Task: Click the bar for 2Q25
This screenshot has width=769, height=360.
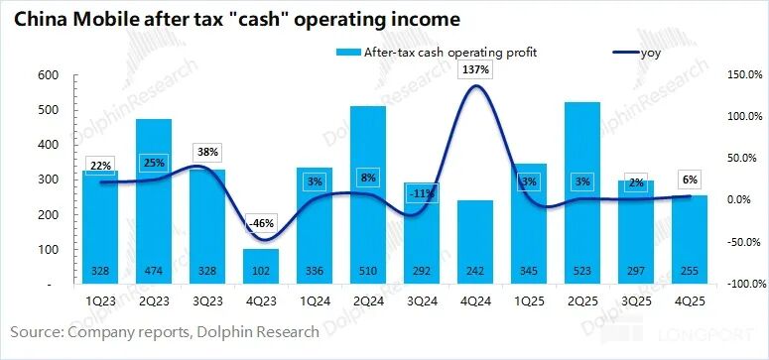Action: pos(579,188)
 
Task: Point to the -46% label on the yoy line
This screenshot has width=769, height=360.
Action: pos(260,225)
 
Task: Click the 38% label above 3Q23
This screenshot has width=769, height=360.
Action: pos(206,153)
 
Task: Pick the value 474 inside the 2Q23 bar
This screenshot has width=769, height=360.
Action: pos(153,272)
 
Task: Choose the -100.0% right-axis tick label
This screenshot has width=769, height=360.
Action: pos(740,285)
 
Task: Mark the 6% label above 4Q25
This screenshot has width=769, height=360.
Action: pos(687,179)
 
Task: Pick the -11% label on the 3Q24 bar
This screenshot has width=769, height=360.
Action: pos(420,193)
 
